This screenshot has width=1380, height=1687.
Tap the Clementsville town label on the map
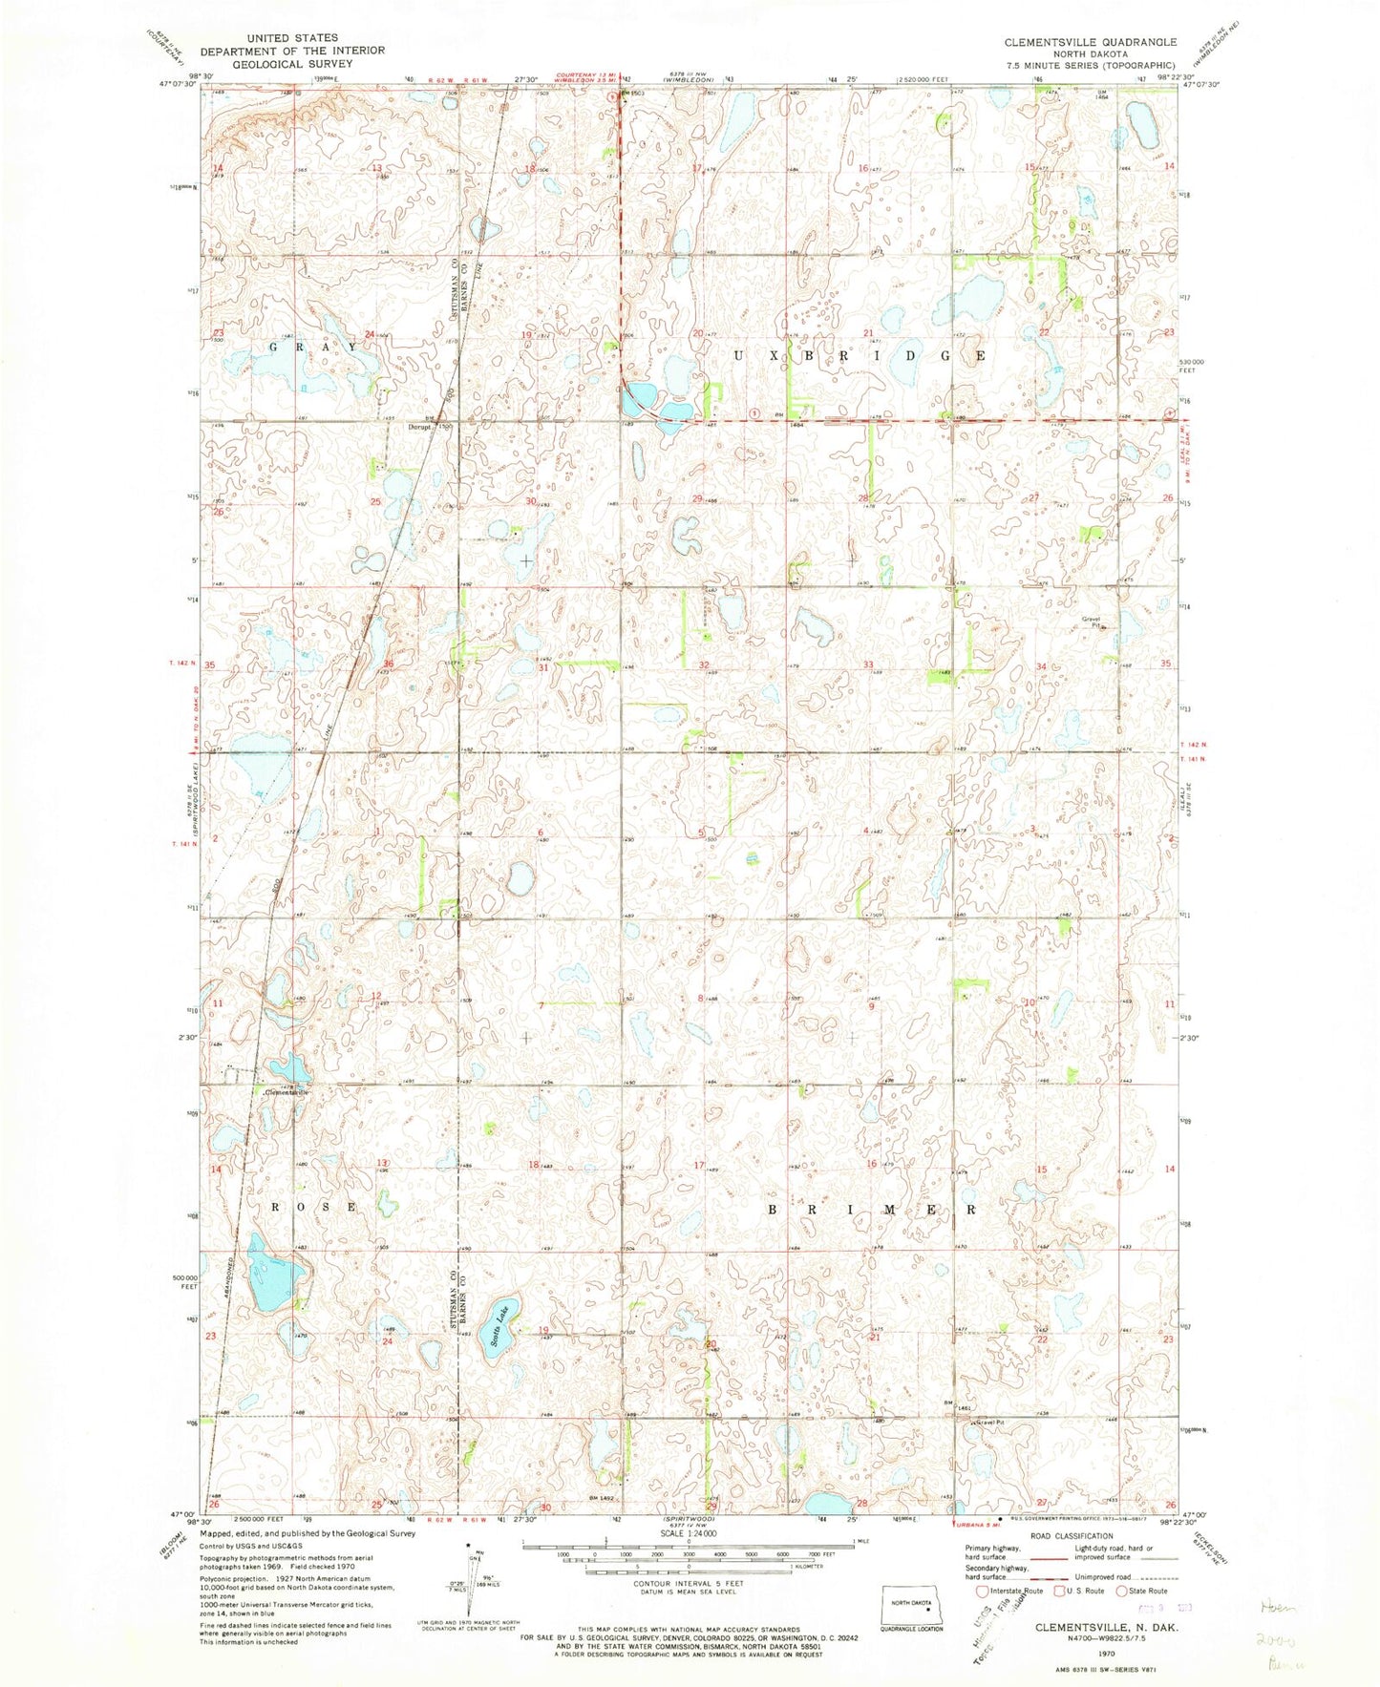288,1091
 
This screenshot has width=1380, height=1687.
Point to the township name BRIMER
873,1209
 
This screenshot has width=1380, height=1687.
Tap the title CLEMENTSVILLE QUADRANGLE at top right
1090,43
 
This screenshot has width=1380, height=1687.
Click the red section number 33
868,664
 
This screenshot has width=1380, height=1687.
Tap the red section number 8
701,999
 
